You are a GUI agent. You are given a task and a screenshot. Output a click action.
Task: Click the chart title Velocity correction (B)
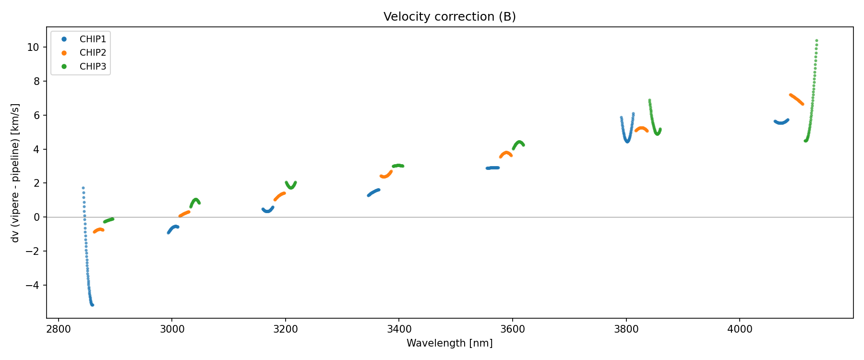(449, 17)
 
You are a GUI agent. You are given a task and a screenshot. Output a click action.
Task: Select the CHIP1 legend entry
(93, 39)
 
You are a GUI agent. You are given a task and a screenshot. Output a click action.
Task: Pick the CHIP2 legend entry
(93, 53)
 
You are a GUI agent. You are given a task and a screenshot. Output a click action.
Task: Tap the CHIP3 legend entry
(93, 67)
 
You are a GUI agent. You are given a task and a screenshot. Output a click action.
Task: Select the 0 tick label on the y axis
(36, 217)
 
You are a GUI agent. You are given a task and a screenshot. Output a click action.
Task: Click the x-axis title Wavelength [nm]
(449, 343)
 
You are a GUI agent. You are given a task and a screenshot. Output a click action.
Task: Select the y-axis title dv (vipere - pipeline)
(15, 173)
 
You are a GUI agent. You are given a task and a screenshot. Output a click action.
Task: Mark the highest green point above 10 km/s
(816, 41)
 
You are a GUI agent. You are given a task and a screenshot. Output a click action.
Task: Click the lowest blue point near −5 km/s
(92, 305)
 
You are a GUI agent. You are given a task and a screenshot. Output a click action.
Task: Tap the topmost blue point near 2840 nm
(83, 188)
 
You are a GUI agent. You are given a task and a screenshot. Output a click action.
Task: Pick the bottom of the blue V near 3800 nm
(627, 141)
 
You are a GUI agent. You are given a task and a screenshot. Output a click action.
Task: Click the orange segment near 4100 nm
(796, 99)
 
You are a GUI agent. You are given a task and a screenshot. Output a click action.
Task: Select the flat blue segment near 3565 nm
(493, 168)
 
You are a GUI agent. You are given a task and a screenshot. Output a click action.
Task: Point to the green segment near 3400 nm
(398, 166)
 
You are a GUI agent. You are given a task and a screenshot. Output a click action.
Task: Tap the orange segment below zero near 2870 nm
(99, 230)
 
